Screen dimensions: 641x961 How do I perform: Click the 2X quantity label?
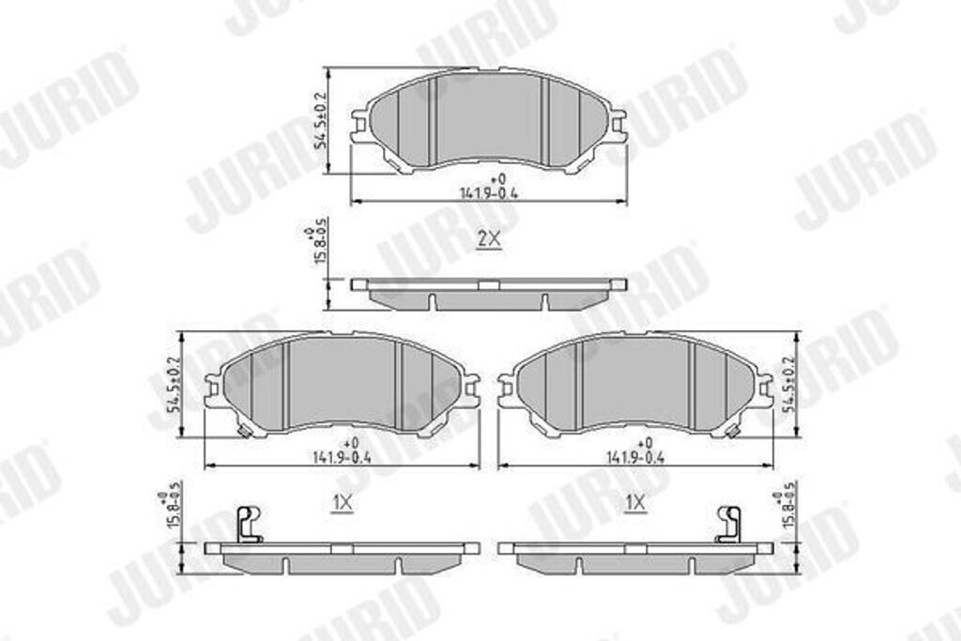[x=489, y=239]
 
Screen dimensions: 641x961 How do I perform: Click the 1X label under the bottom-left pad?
[x=343, y=504]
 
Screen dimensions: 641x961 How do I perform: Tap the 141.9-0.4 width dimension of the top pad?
[x=490, y=191]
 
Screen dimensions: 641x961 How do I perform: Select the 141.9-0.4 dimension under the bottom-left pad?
[x=343, y=456]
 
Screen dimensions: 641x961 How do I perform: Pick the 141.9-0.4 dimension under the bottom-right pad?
[x=636, y=456]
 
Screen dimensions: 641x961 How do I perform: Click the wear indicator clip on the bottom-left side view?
[x=248, y=524]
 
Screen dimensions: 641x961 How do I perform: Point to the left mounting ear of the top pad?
[x=359, y=126]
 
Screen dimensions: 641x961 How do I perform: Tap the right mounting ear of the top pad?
[x=618, y=126]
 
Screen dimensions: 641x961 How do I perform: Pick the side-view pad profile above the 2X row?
[x=489, y=293]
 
